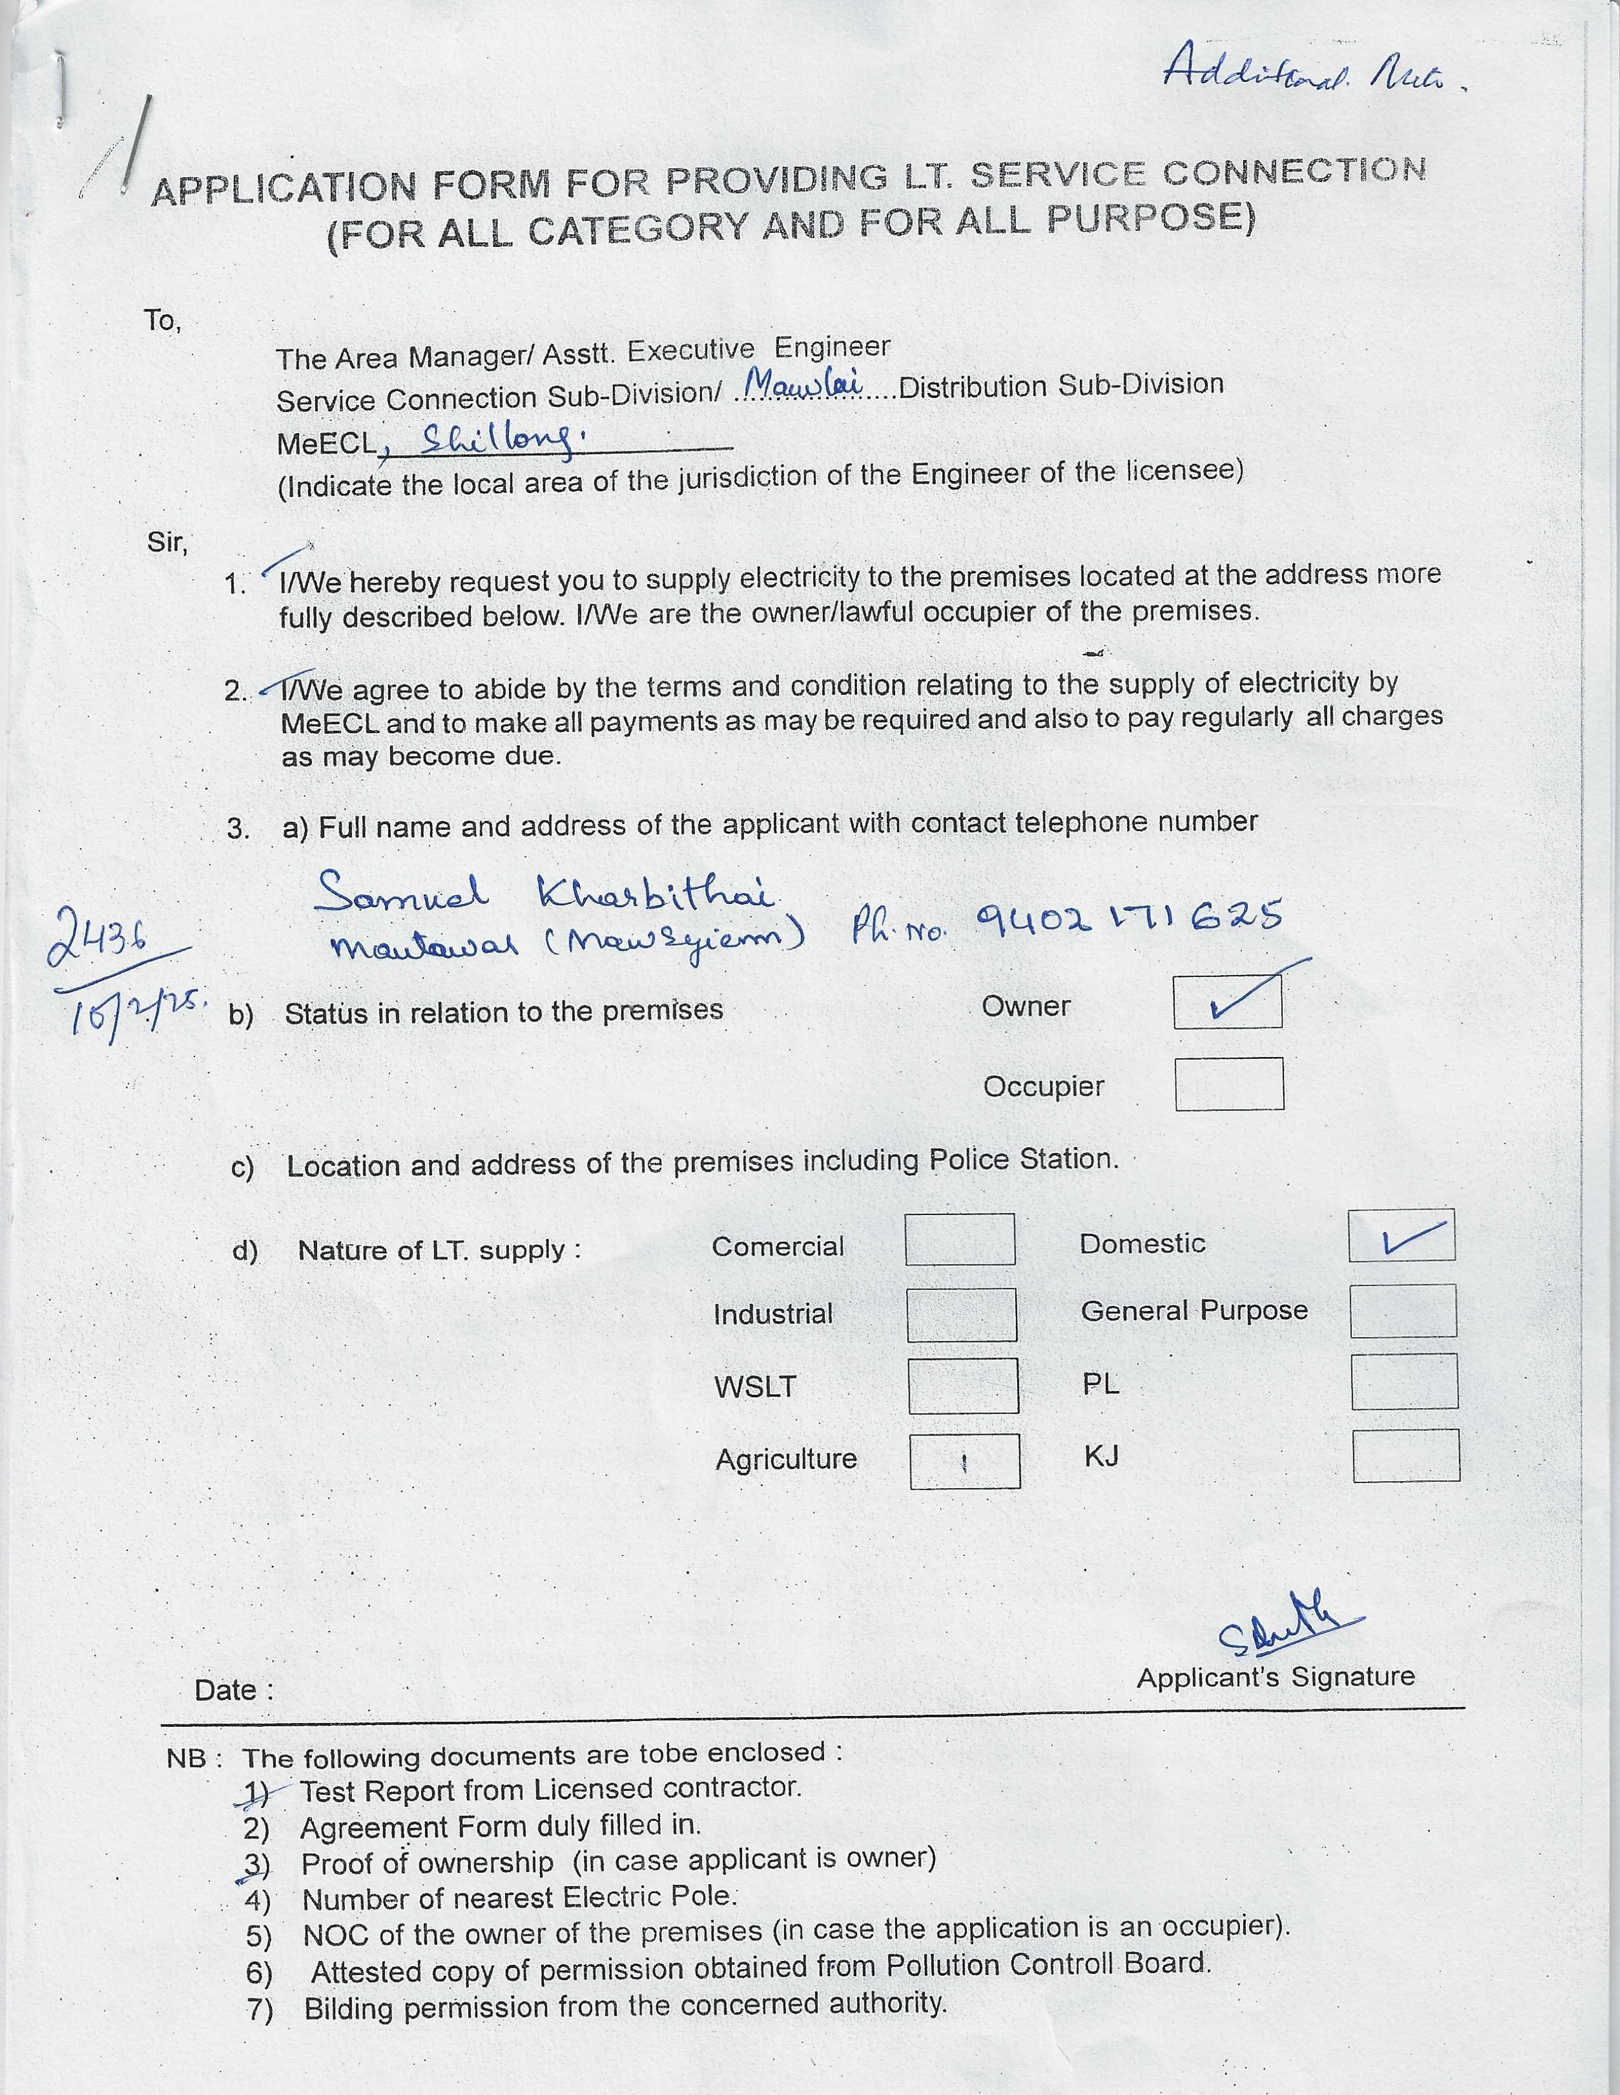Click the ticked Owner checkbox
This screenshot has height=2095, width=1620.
(x=1227, y=1002)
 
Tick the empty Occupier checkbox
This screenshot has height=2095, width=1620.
(x=1229, y=1084)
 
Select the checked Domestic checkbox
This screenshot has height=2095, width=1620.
(x=1401, y=1235)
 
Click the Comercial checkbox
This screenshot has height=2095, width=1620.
(x=960, y=1239)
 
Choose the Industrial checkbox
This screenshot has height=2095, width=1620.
(x=962, y=1314)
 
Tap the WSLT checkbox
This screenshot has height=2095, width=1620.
(x=962, y=1385)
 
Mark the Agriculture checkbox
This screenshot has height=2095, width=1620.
(x=964, y=1461)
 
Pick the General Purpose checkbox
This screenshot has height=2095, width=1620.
(x=1403, y=1310)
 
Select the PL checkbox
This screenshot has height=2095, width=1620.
(x=1404, y=1381)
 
